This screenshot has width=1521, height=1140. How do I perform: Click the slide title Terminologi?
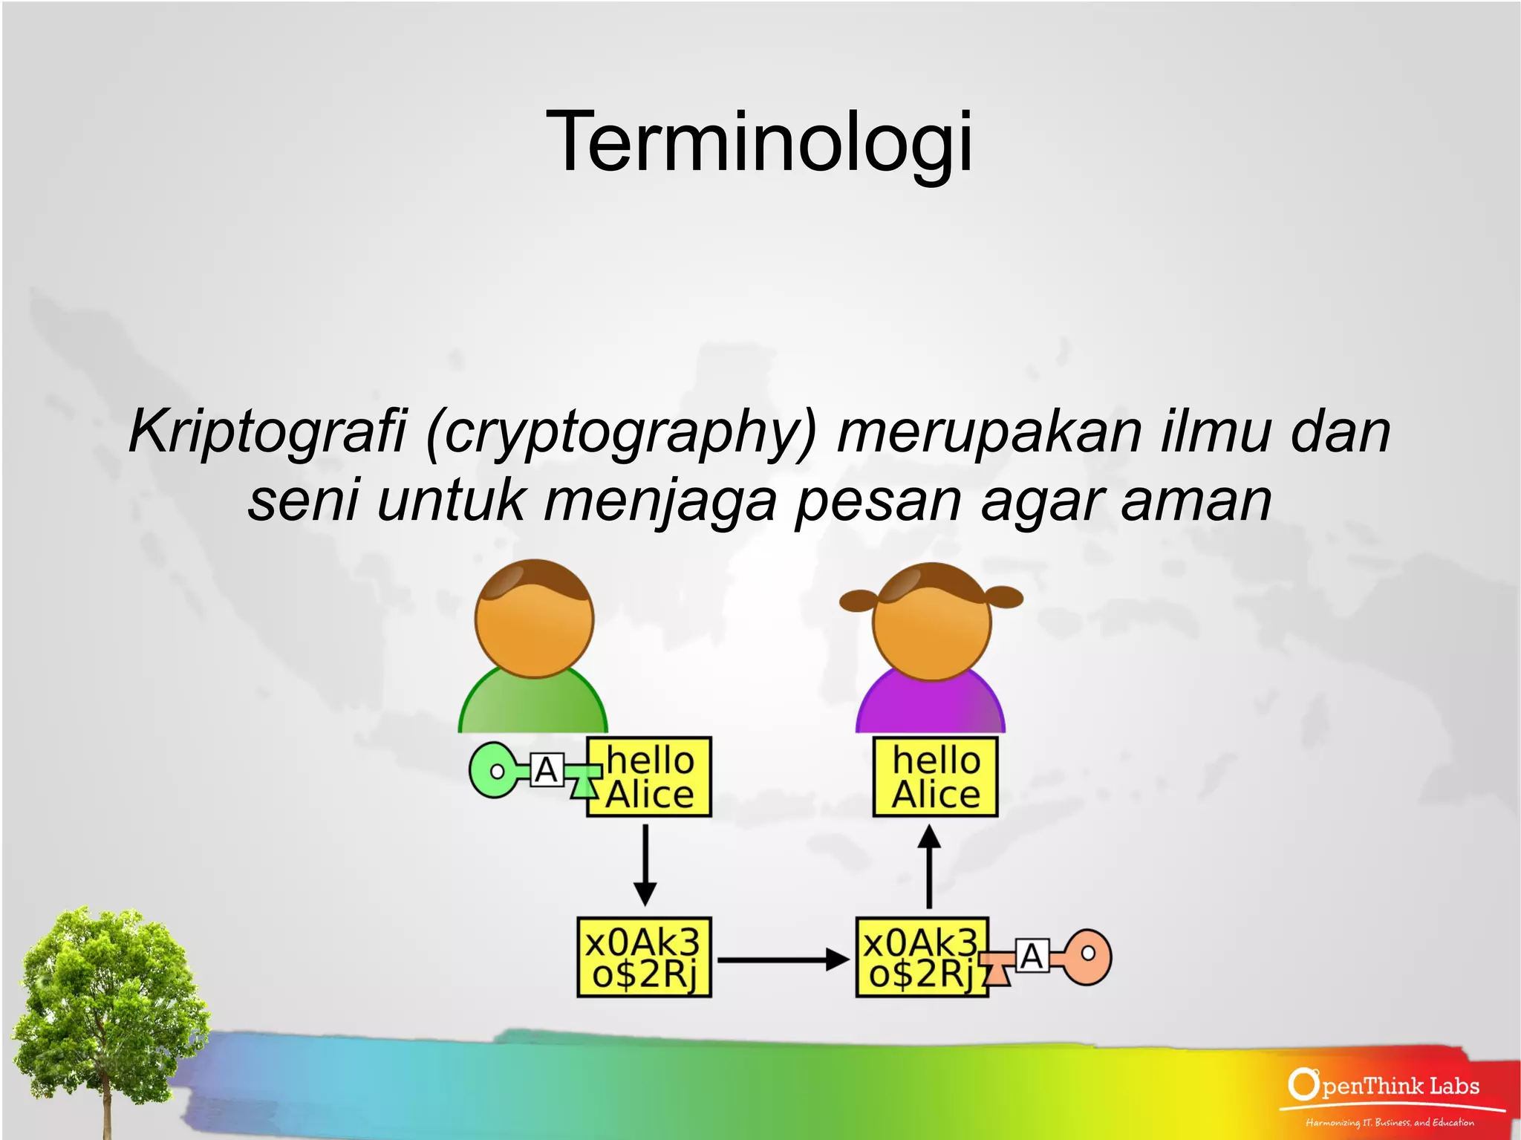point(759,141)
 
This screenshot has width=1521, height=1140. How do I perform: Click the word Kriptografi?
point(267,432)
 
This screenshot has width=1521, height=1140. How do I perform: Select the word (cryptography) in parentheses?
point(621,432)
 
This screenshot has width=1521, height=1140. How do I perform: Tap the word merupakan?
point(989,432)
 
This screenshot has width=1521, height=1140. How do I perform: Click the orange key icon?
point(1087,957)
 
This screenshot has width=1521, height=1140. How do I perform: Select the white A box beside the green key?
point(547,771)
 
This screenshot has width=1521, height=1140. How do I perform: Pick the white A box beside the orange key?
point(1032,957)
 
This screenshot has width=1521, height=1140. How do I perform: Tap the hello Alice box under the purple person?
point(935,777)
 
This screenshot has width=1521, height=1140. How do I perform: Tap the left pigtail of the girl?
point(858,599)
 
